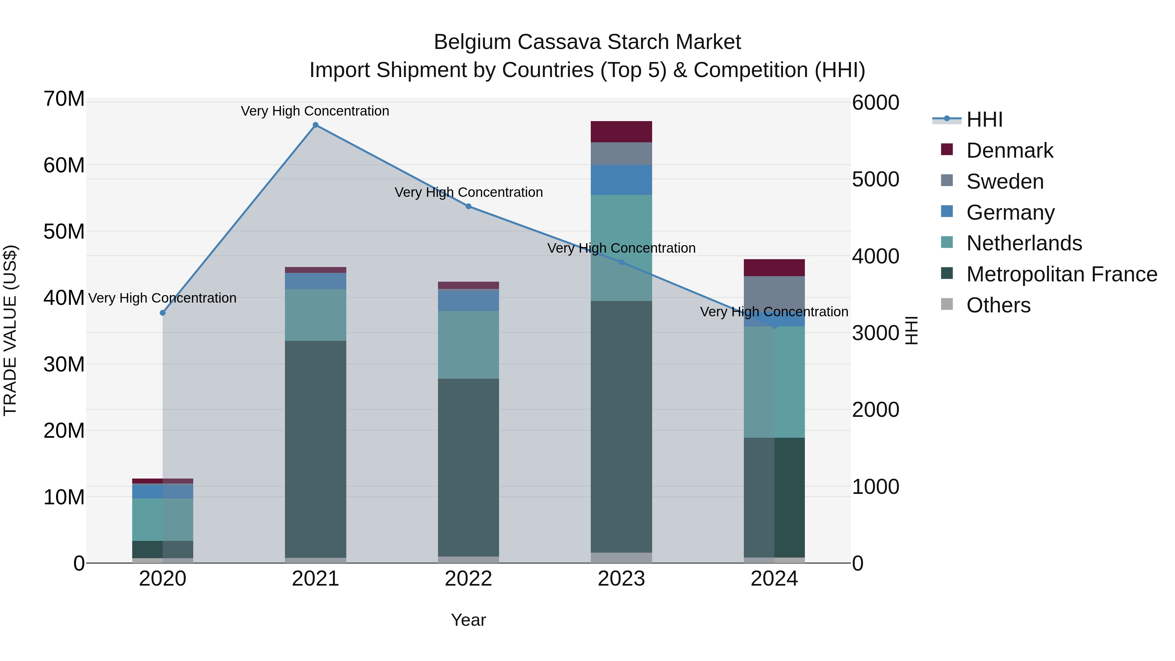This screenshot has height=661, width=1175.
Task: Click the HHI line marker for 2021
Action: (x=315, y=125)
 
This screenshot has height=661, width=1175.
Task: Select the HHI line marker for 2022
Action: (x=468, y=206)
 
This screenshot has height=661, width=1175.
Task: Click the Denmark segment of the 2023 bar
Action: (x=621, y=132)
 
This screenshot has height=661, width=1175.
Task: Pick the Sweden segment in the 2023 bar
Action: (x=621, y=154)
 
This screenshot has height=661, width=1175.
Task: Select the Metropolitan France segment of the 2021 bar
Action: (x=315, y=449)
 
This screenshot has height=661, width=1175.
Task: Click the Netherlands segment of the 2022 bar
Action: (x=468, y=345)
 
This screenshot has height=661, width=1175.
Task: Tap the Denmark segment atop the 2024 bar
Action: (x=774, y=268)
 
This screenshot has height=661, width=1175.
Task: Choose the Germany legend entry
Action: (x=1010, y=212)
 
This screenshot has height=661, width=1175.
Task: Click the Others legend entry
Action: (x=998, y=305)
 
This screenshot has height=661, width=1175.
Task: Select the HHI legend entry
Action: (x=984, y=119)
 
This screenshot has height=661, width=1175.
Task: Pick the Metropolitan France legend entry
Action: (x=1061, y=274)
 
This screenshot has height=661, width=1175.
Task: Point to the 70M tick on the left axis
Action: (x=64, y=99)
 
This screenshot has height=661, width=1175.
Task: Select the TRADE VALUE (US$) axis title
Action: (x=10, y=331)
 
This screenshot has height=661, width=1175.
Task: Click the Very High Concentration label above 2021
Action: (x=315, y=111)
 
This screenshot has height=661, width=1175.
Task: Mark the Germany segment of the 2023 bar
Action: (x=621, y=180)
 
